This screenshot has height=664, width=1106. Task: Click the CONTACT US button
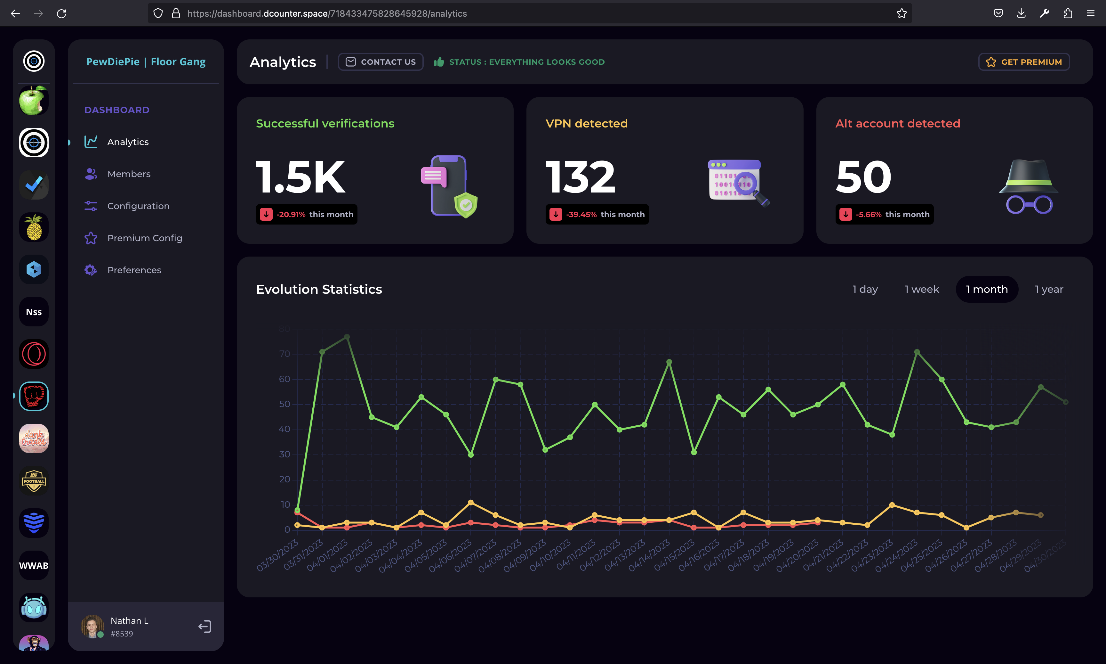tap(381, 62)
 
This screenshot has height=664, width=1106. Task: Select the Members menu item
tap(128, 174)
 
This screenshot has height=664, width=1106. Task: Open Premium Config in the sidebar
tap(144, 238)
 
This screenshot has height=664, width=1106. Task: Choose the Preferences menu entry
tap(134, 270)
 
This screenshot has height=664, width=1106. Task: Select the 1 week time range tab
tap(921, 290)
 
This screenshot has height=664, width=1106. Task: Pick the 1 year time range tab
tap(1048, 290)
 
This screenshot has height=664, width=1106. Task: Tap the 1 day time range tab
tap(865, 290)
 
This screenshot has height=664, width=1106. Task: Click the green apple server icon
tap(34, 101)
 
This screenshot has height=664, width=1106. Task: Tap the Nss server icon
tap(34, 312)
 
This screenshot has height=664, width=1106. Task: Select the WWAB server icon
tap(34, 566)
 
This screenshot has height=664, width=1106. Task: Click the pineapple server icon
tap(34, 227)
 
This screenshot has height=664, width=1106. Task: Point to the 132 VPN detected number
tap(580, 178)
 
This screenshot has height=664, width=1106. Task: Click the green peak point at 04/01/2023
tap(347, 337)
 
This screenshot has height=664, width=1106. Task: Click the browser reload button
tap(61, 13)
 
